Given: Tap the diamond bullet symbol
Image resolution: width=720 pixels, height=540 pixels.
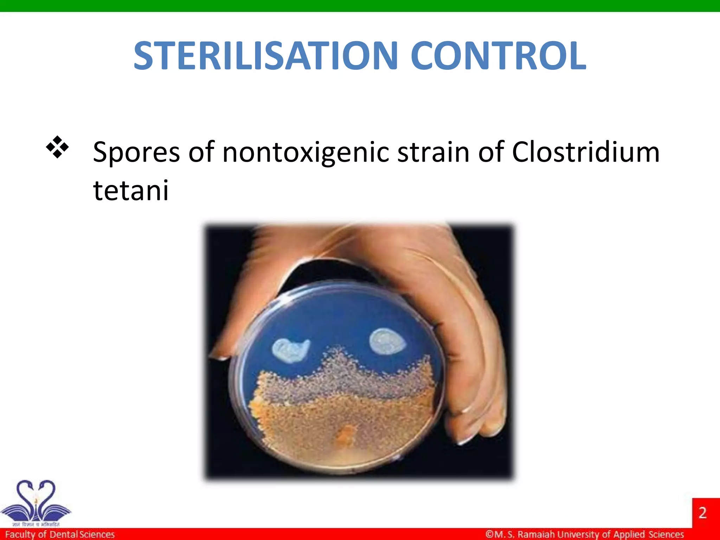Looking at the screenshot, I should click(57, 147).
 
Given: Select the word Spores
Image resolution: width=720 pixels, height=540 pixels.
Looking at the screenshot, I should click(136, 153).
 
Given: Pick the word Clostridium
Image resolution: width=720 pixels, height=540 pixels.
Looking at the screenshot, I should click(585, 152).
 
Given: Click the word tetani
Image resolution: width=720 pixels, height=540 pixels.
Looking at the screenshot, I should click(131, 191).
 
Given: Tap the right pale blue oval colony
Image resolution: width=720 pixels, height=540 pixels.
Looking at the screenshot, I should click(387, 341).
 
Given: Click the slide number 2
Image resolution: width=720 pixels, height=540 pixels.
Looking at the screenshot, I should click(702, 513).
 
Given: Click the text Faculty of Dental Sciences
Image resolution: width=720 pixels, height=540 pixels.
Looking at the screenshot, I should click(60, 534).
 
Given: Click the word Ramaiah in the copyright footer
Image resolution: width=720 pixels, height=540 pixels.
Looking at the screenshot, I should click(536, 534).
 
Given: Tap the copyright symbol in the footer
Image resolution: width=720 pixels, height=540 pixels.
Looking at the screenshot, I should click(489, 534).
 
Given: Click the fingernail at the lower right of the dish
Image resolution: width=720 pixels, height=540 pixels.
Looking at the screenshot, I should click(466, 439).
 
